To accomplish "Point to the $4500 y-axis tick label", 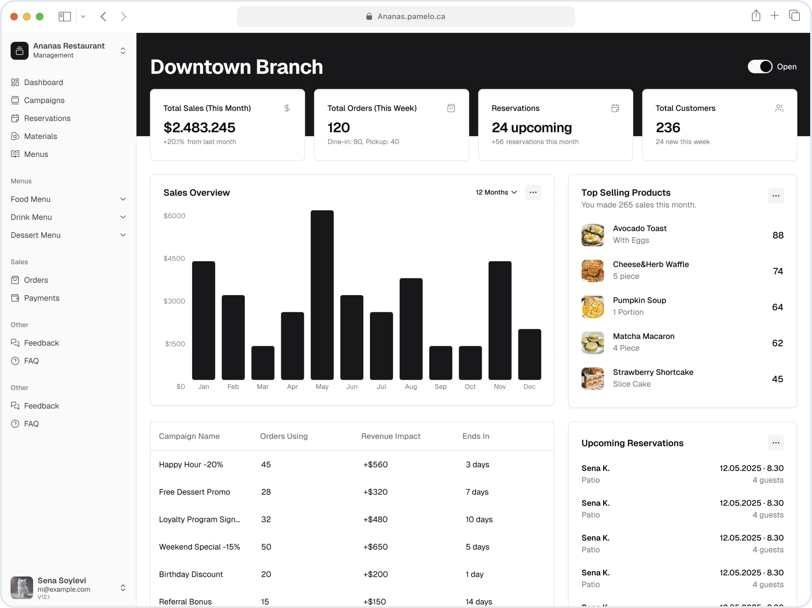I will click(174, 258).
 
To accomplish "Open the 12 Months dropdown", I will click(496, 192).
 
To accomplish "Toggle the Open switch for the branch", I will click(760, 66).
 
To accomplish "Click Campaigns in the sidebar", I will click(44, 100).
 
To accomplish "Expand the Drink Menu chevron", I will click(123, 217).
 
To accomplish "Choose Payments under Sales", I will click(41, 298).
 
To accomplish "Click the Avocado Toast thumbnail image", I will click(592, 235).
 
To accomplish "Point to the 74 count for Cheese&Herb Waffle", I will click(778, 271).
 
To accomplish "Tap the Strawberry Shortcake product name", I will click(653, 372).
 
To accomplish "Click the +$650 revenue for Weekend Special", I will click(375, 547).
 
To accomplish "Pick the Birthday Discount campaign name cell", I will click(191, 574).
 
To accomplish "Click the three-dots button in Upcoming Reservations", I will click(775, 443).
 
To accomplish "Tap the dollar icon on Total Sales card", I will click(287, 108).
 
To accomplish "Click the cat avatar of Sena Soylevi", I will click(22, 587).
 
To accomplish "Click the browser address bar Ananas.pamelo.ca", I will click(406, 16).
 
